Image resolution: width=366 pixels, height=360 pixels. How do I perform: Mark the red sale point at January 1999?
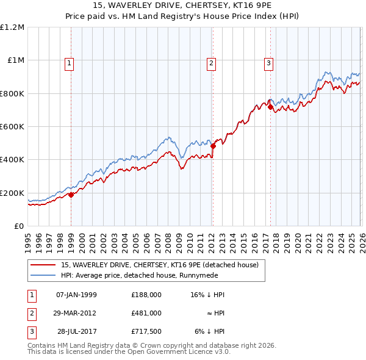tap(71, 195)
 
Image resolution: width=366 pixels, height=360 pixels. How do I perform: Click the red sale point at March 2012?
tap(213, 146)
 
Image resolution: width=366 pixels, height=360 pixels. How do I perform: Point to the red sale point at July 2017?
tap(270, 107)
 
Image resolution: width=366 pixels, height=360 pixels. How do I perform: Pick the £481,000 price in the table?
tap(146, 313)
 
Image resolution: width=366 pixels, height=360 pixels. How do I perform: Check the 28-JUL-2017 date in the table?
tap(76, 331)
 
